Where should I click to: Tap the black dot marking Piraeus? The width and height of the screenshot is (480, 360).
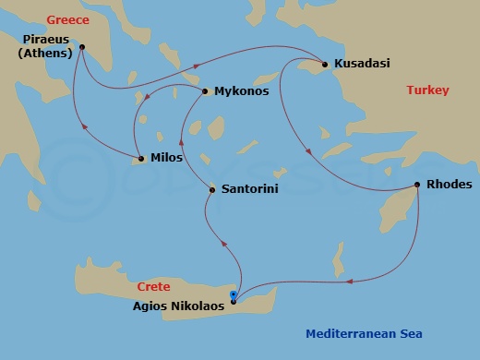[82, 47]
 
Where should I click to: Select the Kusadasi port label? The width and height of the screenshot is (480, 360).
[362, 64]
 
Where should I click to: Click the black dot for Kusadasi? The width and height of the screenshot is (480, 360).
[324, 64]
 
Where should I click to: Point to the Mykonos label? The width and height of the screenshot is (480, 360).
[241, 92]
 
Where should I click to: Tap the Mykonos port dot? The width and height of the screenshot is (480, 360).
[205, 91]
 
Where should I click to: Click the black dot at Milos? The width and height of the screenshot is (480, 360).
[141, 159]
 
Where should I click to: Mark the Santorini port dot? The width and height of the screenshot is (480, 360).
[212, 190]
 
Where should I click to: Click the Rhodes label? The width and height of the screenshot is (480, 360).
[450, 185]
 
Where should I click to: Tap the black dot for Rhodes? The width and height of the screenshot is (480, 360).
[418, 185]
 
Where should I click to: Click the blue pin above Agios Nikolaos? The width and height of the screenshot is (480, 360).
[234, 295]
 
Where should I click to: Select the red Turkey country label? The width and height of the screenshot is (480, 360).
[427, 90]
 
